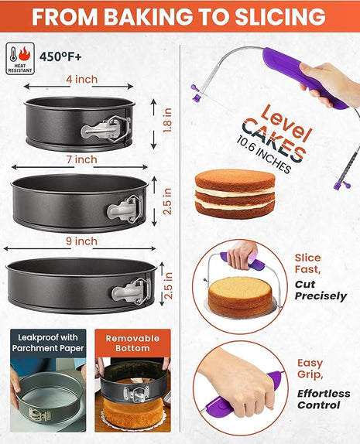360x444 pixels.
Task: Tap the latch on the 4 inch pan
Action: click(106, 127)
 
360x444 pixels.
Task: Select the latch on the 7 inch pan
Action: click(126, 208)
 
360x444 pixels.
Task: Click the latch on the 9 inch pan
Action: click(132, 290)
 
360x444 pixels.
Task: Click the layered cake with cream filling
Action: click(235, 193)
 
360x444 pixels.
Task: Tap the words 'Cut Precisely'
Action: click(319, 290)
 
